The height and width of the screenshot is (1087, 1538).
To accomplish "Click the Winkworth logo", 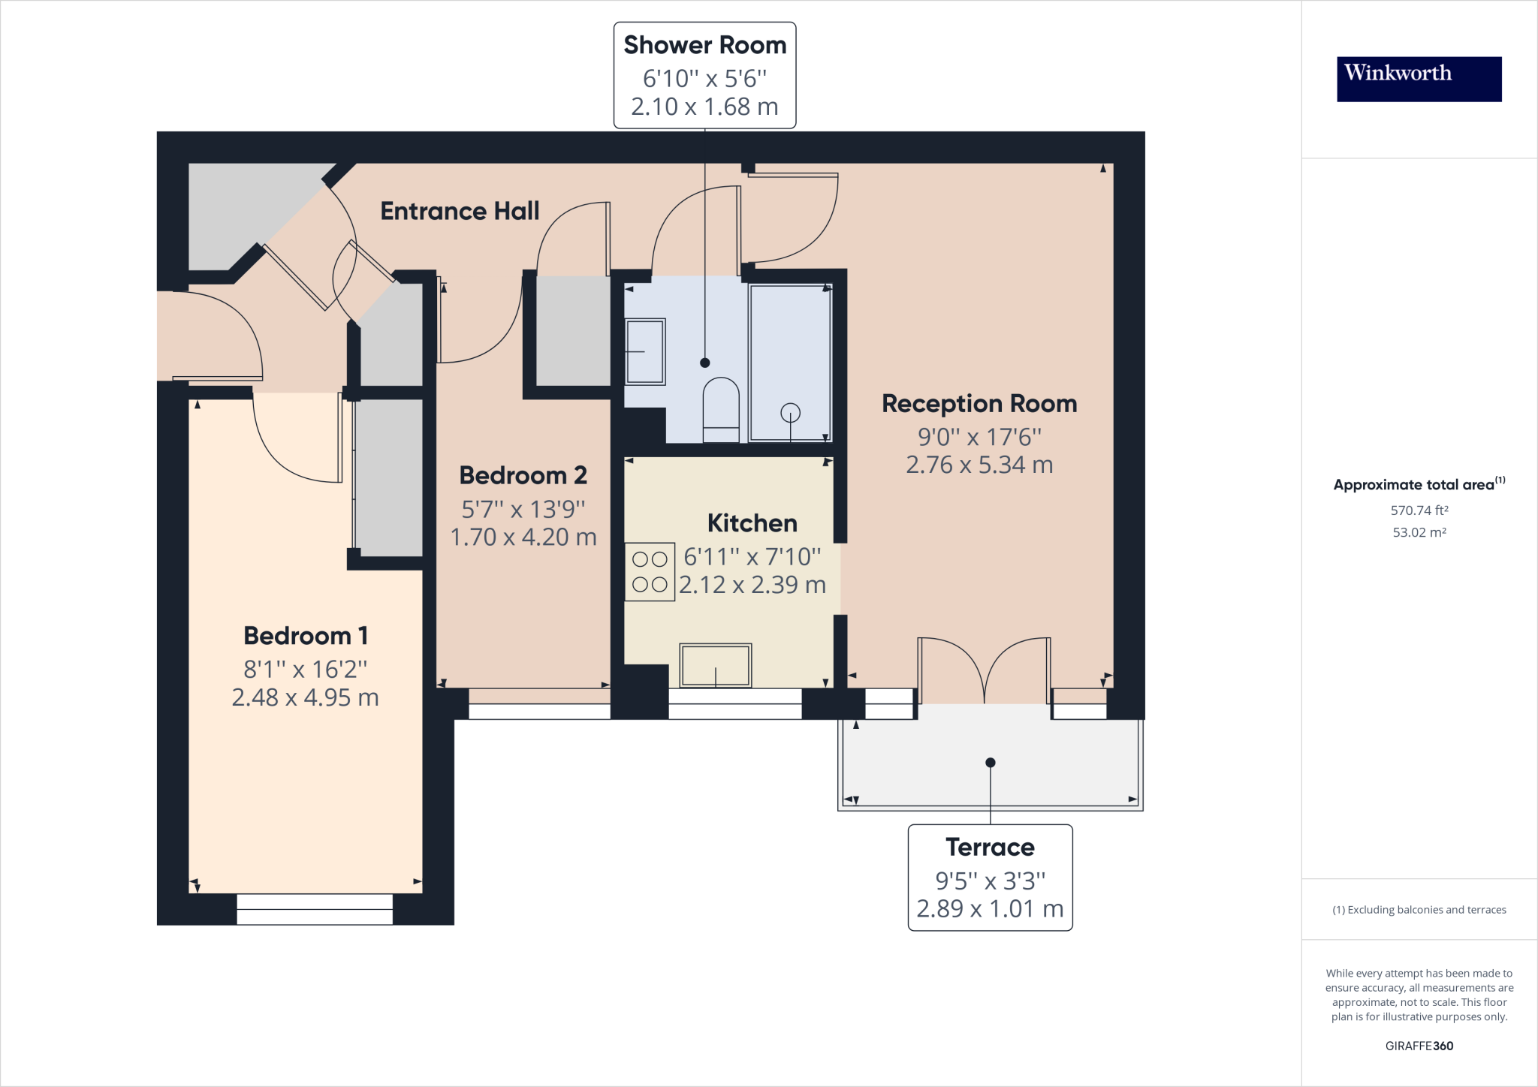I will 1419,79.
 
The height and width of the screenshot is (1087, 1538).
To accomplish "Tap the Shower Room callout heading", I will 704,45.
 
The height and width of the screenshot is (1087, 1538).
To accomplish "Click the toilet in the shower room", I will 721,410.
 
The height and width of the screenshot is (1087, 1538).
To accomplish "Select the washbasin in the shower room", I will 645,351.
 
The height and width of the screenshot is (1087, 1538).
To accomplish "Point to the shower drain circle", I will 790,412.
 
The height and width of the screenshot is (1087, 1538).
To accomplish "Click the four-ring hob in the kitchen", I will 650,572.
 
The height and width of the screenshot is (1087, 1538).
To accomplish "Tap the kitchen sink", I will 715,664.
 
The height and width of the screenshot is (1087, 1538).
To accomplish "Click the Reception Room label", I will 979,404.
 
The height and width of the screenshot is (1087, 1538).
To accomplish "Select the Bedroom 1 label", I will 306,636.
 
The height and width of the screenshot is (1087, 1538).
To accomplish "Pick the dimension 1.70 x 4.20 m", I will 523,537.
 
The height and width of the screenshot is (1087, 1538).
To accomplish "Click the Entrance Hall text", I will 460,211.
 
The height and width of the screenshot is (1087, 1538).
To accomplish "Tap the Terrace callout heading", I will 990,847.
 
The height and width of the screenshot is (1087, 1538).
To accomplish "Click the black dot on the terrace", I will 990,763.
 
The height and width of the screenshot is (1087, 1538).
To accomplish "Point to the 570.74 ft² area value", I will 1419,510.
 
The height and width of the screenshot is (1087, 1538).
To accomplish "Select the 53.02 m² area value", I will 1419,532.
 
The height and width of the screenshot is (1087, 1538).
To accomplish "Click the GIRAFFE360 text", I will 1419,1046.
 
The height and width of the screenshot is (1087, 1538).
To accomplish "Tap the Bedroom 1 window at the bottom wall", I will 315,909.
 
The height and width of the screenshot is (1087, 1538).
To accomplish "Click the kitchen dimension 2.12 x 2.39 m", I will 752,585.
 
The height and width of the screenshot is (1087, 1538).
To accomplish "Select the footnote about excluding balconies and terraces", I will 1419,910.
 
